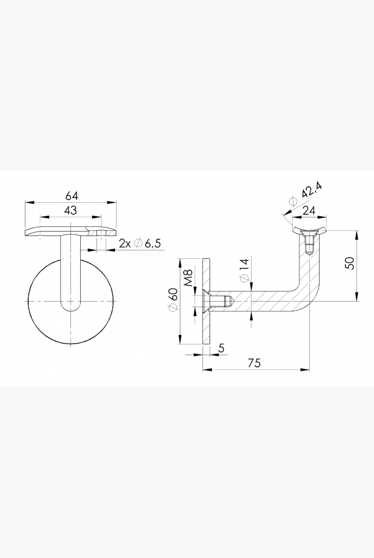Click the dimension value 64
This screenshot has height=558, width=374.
pyautogui.click(x=71, y=196)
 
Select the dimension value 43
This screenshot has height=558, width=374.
pyautogui.click(x=70, y=210)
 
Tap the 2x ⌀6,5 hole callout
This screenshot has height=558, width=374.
pyautogui.click(x=140, y=243)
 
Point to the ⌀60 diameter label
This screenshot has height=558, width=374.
pyautogui.click(x=173, y=300)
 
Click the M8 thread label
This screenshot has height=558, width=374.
pyautogui.click(x=188, y=278)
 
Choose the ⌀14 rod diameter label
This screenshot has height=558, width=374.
pyautogui.click(x=245, y=271)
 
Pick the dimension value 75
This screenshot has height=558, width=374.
pyautogui.click(x=254, y=363)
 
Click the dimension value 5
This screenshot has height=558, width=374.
pyautogui.click(x=221, y=348)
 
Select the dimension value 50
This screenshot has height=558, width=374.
pyautogui.click(x=350, y=263)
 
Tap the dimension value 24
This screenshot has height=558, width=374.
pyautogui.click(x=309, y=211)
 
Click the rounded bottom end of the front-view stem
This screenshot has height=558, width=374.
pyautogui.click(x=71, y=307)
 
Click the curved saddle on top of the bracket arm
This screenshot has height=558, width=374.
pyautogui.click(x=309, y=230)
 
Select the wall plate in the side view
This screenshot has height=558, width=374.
pyautogui.click(x=207, y=301)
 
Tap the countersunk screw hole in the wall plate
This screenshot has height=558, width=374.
pyautogui.click(x=206, y=301)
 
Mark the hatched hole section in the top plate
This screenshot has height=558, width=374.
pyautogui.click(x=101, y=233)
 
